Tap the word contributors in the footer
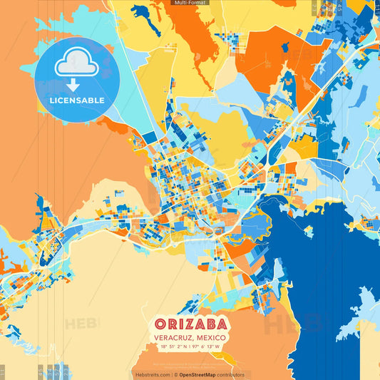click(227, 374)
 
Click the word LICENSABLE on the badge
click(77, 101)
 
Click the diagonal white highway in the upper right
click(314, 93)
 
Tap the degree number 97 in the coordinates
click(195, 348)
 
